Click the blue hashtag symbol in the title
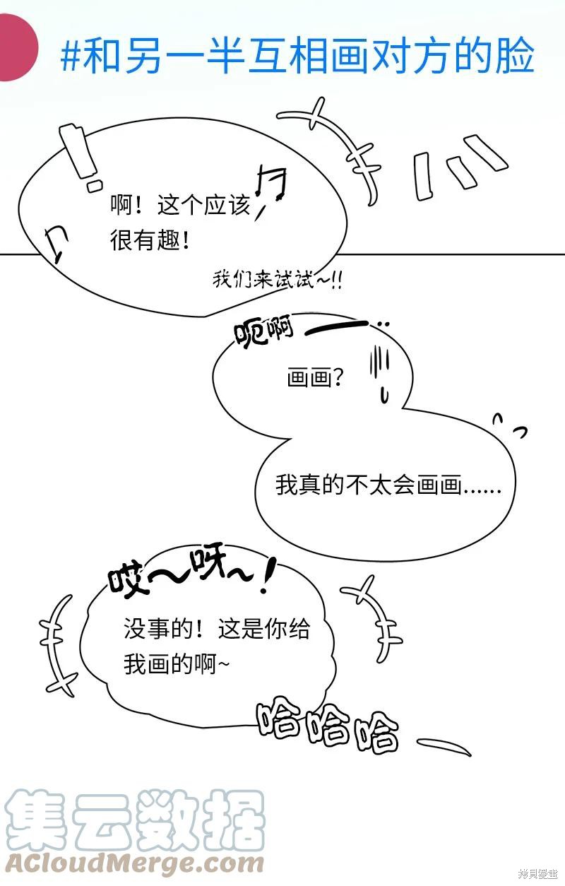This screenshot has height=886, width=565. point(71,56)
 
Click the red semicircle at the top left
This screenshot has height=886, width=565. point(18,47)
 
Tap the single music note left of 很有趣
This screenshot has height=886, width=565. point(56,244)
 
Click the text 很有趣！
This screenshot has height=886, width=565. point(150,240)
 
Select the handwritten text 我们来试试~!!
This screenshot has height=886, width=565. point(278,280)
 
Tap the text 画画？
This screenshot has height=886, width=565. point(315,377)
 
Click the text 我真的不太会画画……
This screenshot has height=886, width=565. point(388,485)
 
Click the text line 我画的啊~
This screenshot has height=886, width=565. point(177,663)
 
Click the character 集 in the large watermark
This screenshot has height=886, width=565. point(37,819)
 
